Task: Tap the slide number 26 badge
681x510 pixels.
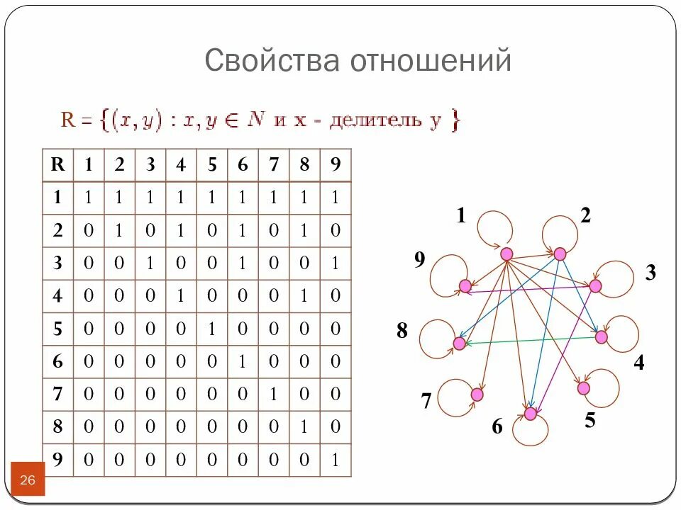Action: point(28,480)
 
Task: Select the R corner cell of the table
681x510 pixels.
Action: point(58,165)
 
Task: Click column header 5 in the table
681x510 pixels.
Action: point(212,165)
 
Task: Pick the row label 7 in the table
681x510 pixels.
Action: point(58,395)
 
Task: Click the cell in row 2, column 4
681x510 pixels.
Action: point(182,231)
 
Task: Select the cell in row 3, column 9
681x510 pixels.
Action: point(336,263)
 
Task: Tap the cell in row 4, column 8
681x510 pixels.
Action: point(304,296)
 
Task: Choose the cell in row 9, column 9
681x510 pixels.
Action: point(336,460)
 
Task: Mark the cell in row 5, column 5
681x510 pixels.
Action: point(212,329)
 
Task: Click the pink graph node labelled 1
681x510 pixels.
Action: point(506,254)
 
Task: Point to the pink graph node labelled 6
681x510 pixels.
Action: point(531,413)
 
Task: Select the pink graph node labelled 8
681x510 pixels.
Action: point(459,344)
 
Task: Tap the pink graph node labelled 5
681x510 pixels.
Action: point(584,388)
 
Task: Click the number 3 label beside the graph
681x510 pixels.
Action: point(650,273)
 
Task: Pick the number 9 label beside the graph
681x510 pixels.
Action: point(420,261)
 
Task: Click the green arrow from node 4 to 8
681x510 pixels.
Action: point(532,341)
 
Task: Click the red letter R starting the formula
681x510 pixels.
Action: point(68,120)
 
